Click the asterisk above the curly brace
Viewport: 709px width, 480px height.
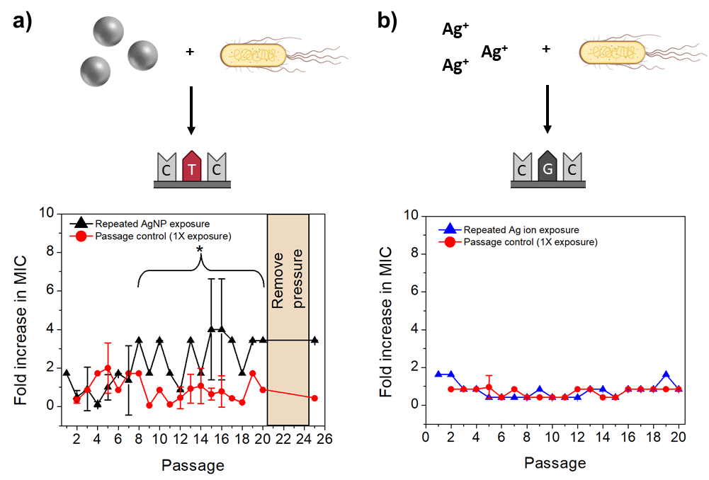201,251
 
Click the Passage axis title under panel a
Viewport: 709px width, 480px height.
193,465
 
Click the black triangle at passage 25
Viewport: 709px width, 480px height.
314,340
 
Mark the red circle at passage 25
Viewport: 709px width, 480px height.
314,398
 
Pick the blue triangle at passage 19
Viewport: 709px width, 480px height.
666,375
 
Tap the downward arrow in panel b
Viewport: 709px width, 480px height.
548,110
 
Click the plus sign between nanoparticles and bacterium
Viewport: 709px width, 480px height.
190,52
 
